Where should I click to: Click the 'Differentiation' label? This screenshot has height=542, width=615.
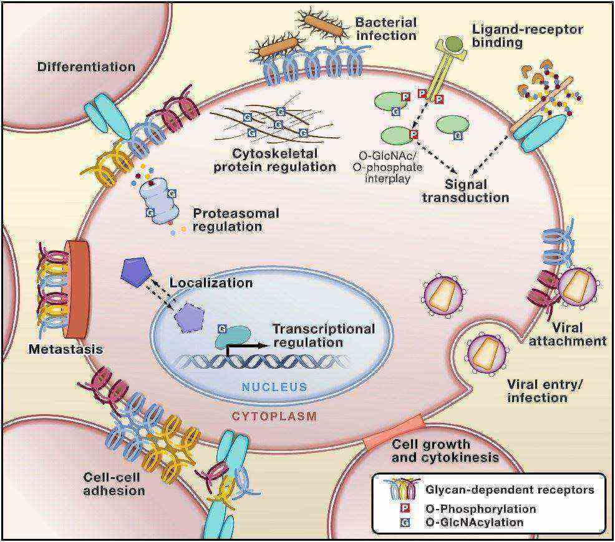[x=86, y=66]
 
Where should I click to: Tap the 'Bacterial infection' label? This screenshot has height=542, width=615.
[x=385, y=29]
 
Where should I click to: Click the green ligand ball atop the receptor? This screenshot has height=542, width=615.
[x=453, y=44]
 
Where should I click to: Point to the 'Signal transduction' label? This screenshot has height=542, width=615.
[x=465, y=191]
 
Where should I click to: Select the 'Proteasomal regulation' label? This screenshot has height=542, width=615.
[x=236, y=220]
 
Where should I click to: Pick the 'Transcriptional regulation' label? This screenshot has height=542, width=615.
[x=323, y=335]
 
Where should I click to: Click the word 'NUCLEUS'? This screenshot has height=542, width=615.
[x=275, y=387]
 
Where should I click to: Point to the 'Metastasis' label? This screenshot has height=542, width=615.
[x=65, y=349]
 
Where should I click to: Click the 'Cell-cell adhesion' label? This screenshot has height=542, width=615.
[x=114, y=483]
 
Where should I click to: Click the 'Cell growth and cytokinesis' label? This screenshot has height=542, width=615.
[x=445, y=450]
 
